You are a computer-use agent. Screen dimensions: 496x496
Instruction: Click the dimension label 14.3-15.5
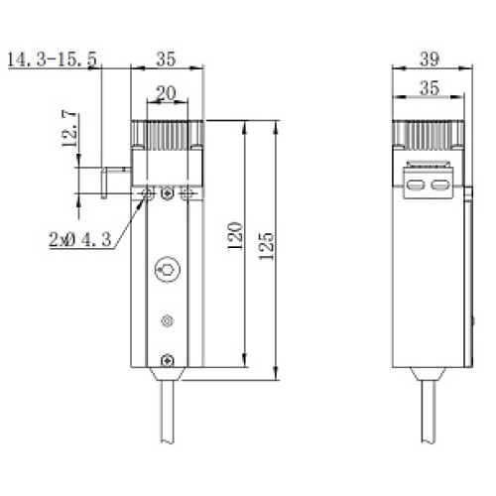(51, 62)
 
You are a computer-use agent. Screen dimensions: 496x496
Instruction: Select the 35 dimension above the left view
(168, 60)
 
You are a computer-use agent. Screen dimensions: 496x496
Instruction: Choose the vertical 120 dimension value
(235, 235)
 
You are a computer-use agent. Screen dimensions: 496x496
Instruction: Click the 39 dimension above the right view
(429, 61)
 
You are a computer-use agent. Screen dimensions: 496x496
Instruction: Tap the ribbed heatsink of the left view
(168, 134)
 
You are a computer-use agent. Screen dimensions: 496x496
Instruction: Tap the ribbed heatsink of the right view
(429, 134)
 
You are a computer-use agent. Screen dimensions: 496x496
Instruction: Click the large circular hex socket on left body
(168, 269)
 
